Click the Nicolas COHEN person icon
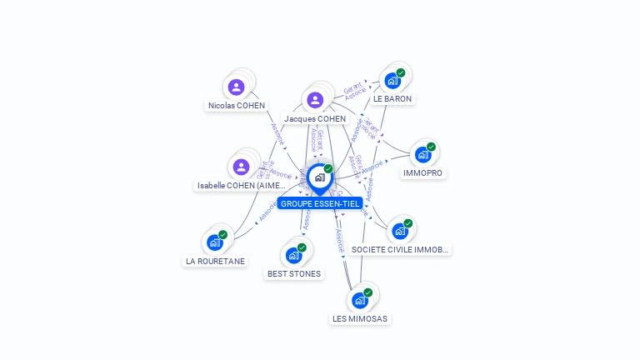tap(236, 87)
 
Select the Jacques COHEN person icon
tap(315, 100)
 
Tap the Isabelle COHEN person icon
tap(242, 166)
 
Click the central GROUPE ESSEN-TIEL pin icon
tap(319, 177)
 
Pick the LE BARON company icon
tap(392, 82)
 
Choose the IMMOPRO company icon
tap(422, 155)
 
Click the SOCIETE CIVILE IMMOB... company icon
tap(400, 231)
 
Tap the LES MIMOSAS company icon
tap(360, 300)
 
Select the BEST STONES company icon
tap(293, 255)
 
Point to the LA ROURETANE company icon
tap(215, 242)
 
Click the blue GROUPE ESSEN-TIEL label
tap(320, 203)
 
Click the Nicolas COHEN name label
tap(237, 106)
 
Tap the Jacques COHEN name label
tap(315, 119)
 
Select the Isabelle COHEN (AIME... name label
tap(241, 185)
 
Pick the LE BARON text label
tap(392, 99)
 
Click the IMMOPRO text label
tap(422, 173)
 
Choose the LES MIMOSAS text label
tap(360, 318)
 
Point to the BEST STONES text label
tap(293, 273)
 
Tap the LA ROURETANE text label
tap(215, 261)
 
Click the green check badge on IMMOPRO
tap(431, 147)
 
